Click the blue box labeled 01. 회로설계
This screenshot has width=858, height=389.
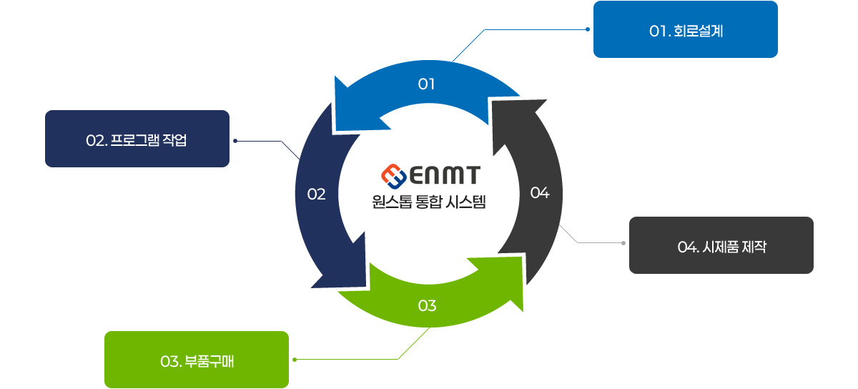[x=685, y=29]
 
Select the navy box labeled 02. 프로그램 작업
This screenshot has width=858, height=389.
[x=137, y=139]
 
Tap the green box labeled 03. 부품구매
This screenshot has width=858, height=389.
[x=196, y=360]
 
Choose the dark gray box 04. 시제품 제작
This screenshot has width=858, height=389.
[x=721, y=245]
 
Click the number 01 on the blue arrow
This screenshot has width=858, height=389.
[x=427, y=84]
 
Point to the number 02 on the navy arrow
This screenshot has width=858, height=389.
[x=316, y=194]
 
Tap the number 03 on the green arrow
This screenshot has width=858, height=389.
[x=427, y=306]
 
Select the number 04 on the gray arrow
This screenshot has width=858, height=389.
[x=539, y=193]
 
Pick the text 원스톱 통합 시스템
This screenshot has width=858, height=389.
[x=429, y=202]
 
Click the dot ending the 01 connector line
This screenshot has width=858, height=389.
[x=587, y=29]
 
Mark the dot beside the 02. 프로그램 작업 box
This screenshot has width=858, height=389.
[x=235, y=141]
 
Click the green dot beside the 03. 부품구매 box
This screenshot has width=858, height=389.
[x=295, y=360]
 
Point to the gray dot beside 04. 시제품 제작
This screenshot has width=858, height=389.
[x=623, y=244]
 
